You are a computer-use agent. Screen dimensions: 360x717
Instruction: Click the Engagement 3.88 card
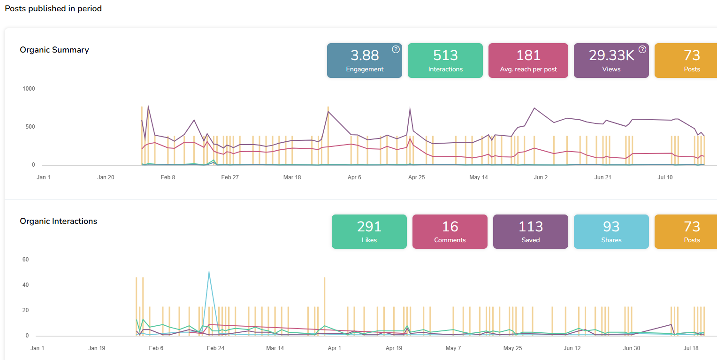coord(364,61)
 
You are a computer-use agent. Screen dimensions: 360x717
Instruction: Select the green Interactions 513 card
coord(445,61)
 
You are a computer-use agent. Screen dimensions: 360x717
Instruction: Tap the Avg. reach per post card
coord(528,61)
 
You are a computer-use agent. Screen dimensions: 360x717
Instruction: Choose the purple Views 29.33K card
coord(611,61)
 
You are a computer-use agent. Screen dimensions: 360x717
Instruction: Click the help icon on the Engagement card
coord(396,49)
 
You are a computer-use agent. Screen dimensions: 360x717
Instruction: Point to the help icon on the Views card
coord(642,49)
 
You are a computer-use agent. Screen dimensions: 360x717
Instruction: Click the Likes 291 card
coord(369,231)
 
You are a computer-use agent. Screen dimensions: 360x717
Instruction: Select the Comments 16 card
coord(450,231)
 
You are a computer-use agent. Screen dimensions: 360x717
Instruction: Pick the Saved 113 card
coord(530,231)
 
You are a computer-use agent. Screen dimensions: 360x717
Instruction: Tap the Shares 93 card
coord(611,231)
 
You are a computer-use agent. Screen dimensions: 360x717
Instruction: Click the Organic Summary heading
coord(54,50)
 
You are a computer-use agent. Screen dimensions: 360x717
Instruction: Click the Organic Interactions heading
coord(58,221)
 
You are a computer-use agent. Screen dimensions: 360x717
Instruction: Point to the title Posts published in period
coord(53,8)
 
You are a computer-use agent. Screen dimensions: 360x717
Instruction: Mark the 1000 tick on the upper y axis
coord(29,89)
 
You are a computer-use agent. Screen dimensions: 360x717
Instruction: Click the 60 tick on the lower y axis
coord(26,260)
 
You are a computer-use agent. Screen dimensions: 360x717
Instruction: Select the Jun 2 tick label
coord(541,177)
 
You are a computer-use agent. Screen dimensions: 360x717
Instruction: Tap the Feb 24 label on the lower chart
coord(215,348)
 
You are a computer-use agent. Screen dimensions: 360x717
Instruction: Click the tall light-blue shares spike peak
coord(209,271)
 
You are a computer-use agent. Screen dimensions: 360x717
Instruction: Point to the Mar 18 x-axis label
coord(292,177)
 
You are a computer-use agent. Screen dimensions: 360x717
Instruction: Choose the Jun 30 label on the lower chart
coord(631,348)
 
